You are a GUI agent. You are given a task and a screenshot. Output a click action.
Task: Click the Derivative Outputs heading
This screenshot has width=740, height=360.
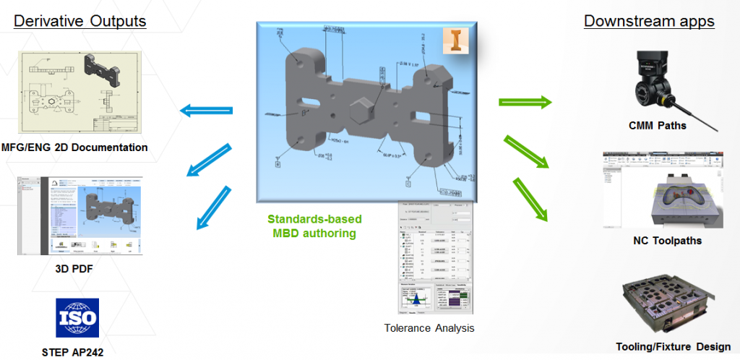coord(80,21)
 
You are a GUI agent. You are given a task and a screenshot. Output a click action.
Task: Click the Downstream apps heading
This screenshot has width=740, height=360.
coord(649,21)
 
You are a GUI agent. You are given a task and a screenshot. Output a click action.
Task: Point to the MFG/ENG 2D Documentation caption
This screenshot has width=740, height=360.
coord(74,147)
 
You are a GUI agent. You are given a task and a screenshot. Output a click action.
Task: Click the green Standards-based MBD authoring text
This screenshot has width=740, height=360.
coord(315,226)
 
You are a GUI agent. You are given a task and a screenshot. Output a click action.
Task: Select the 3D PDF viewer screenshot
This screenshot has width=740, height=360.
coord(79,215)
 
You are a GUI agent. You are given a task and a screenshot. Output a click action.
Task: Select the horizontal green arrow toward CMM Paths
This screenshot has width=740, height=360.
coord(523,102)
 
